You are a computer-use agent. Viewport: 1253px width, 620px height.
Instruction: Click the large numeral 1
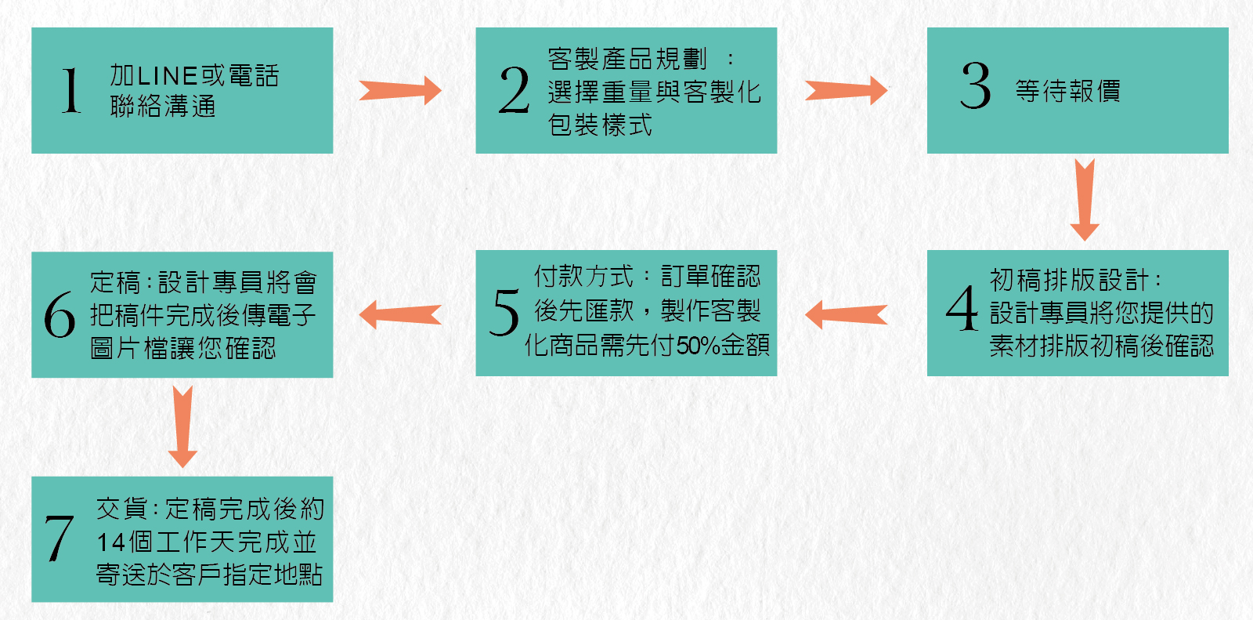[x=71, y=90]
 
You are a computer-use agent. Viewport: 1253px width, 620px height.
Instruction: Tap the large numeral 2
[x=514, y=90]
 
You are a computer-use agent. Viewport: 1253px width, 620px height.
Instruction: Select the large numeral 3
[x=976, y=85]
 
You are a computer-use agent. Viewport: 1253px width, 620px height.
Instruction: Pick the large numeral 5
[x=504, y=312]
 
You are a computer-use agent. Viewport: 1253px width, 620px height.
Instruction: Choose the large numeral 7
[x=59, y=538]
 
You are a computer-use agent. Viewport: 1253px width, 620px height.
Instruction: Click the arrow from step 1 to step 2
[x=400, y=90]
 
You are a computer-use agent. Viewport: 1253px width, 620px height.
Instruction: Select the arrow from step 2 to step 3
[x=847, y=90]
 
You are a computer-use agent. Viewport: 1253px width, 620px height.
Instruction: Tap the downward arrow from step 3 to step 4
[x=1085, y=200]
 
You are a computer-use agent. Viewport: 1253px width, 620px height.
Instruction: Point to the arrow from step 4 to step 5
[x=847, y=315]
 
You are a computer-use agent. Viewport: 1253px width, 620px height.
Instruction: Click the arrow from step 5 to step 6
[x=400, y=315]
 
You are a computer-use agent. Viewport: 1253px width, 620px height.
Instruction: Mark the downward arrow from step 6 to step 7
[x=182, y=426]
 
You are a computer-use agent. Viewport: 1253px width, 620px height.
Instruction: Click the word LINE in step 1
[x=168, y=75]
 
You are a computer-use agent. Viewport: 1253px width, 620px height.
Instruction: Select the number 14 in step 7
[x=110, y=542]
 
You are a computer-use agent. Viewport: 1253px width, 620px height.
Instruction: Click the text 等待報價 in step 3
[x=1068, y=91]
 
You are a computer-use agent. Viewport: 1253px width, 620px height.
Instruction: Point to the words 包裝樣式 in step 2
[x=600, y=125]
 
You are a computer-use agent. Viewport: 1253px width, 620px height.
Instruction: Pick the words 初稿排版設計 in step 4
[x=1069, y=280]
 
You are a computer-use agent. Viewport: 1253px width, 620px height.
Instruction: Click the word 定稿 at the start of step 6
[x=115, y=282]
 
